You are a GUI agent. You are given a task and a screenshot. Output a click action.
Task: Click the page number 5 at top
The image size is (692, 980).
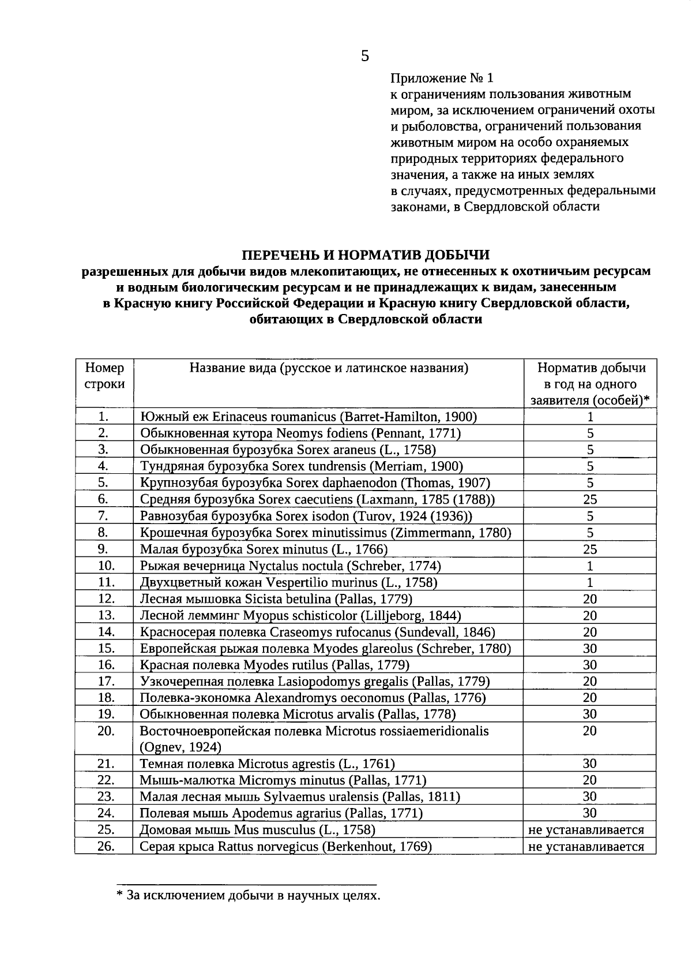364,56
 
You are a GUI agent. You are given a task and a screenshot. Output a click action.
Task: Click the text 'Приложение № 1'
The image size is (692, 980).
442,78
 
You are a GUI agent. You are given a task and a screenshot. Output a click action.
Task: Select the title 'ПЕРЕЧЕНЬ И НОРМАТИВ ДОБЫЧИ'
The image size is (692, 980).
366,255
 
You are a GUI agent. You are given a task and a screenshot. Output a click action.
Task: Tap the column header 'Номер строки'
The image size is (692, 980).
104,376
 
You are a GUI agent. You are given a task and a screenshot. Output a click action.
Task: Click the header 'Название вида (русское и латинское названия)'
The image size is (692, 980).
329,368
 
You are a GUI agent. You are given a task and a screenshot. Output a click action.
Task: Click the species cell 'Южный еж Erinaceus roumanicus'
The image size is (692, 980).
309,417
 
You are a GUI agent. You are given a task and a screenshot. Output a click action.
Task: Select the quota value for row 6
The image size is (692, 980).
590,500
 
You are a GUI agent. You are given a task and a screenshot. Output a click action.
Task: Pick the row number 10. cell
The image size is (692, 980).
104,566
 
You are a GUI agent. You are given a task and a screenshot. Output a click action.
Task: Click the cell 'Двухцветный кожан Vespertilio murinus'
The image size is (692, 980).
288,582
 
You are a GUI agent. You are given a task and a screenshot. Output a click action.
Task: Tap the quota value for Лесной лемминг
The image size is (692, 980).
590,616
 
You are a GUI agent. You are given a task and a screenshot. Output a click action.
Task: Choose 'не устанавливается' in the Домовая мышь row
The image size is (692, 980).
586,831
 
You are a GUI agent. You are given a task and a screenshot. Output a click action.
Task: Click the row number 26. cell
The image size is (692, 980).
104,847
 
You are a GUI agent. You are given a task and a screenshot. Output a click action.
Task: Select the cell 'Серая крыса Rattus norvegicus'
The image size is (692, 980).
286,847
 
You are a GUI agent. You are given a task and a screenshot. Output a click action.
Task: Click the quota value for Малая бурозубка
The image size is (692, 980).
590,549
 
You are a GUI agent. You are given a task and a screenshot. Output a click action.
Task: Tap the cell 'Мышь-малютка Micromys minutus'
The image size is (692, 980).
283,780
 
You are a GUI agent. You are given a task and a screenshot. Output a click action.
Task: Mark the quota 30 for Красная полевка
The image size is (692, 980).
590,665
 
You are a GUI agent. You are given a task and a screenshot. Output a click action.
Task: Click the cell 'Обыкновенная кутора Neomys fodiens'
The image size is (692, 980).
300,433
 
